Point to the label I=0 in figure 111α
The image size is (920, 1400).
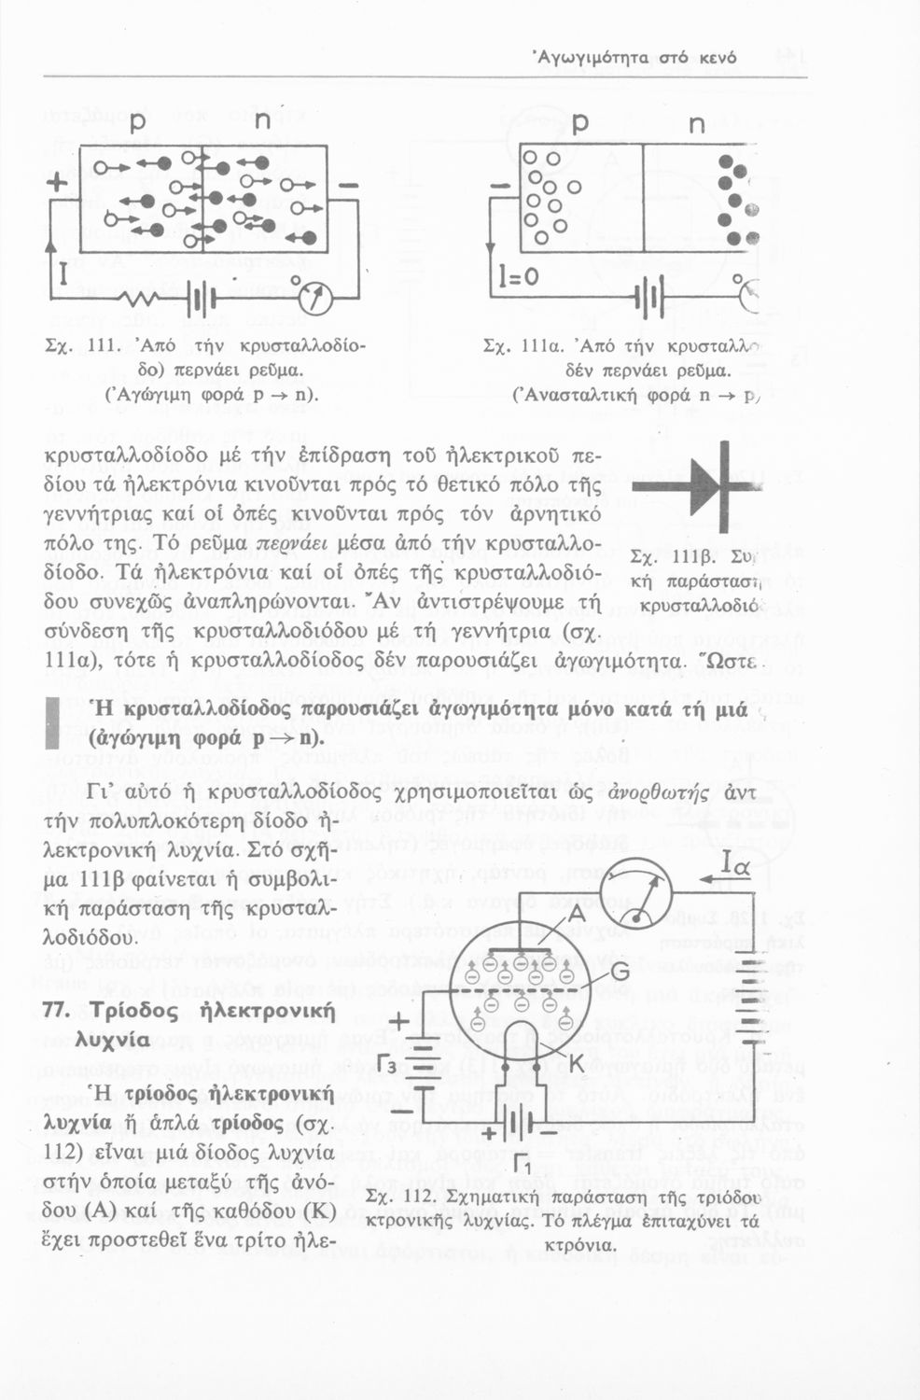[x=519, y=277]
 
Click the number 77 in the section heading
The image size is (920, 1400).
[x=60, y=1012]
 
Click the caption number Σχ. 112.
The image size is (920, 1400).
[x=398, y=1198]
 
